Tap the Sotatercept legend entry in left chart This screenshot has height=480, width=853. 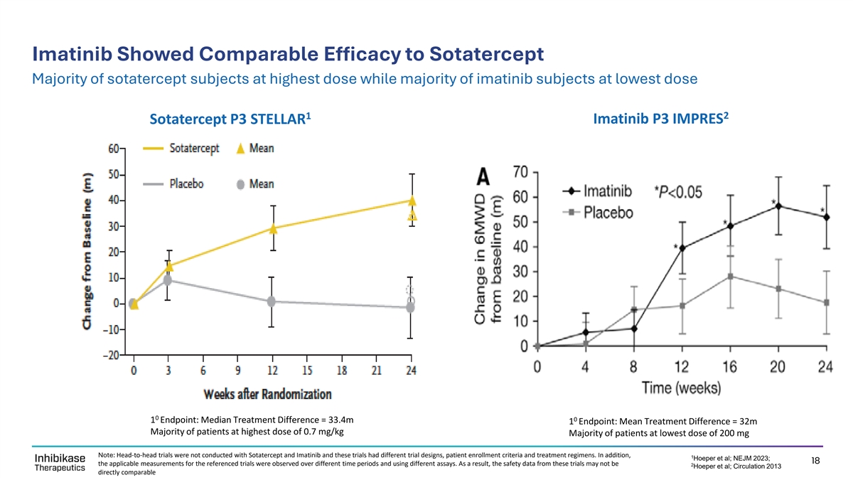tap(194, 149)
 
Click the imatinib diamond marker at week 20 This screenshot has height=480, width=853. tap(779, 206)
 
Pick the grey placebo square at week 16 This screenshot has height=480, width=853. tap(731, 276)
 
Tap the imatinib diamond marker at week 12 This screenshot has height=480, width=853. tap(682, 248)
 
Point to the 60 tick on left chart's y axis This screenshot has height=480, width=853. tap(114, 149)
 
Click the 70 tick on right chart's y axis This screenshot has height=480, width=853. tap(520, 172)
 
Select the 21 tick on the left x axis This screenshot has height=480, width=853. tap(377, 370)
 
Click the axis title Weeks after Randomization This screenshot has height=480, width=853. tap(267, 393)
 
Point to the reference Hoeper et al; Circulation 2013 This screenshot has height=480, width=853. tap(732, 466)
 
